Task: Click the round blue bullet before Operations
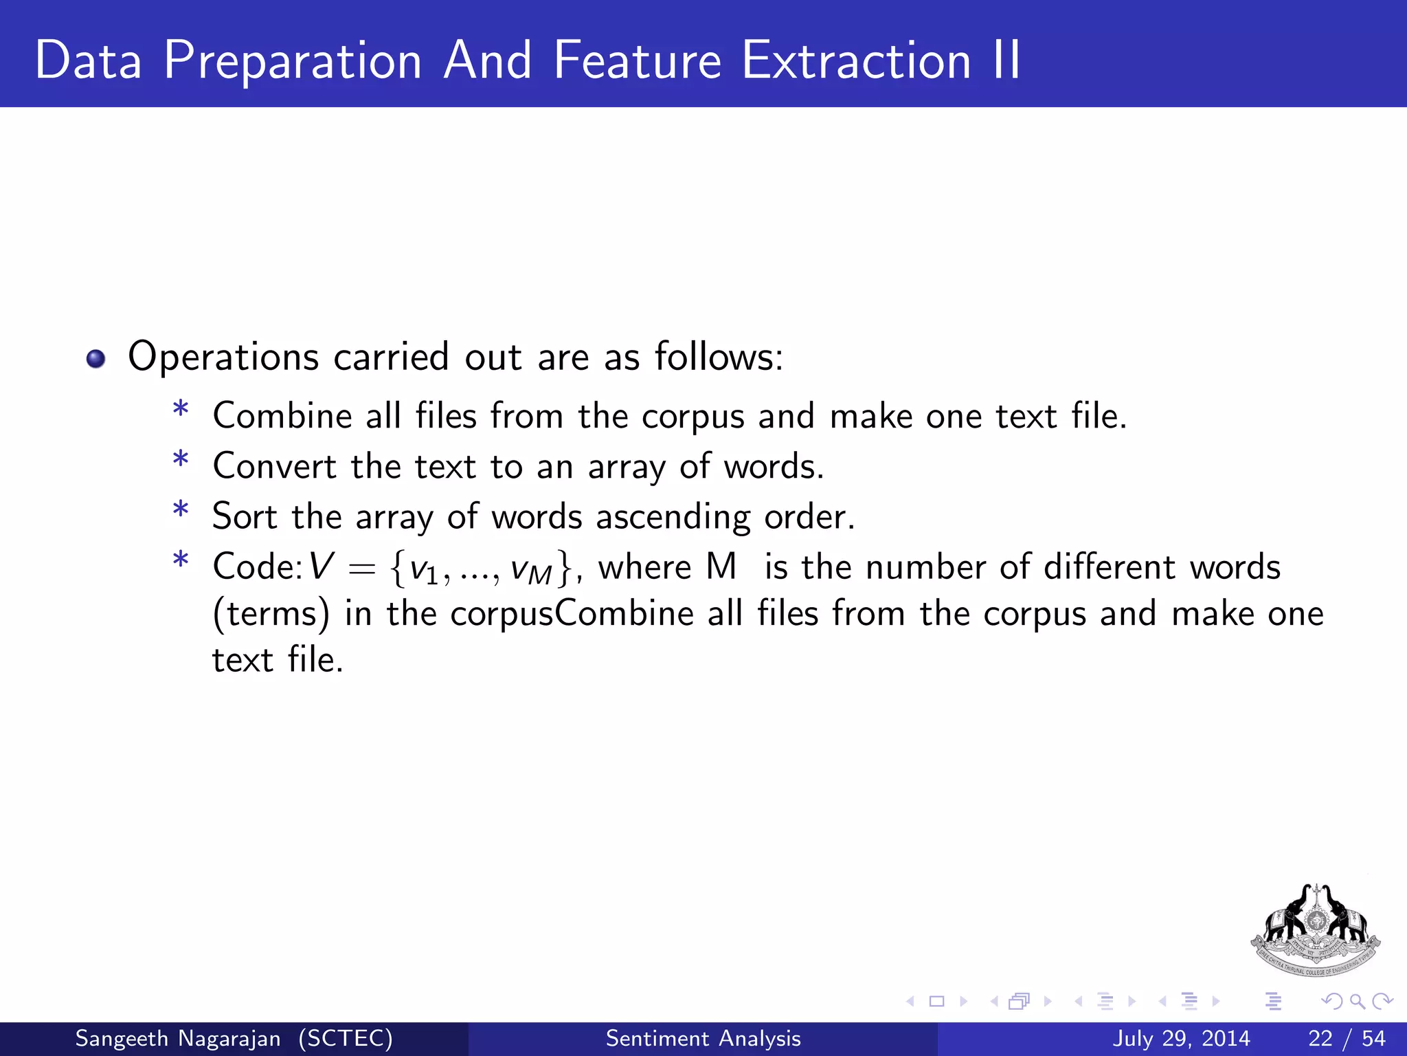click(x=96, y=359)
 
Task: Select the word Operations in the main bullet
click(x=223, y=357)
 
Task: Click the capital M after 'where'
click(x=721, y=567)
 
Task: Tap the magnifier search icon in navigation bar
click(x=1357, y=1001)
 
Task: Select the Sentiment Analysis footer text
click(x=703, y=1038)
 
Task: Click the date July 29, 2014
click(x=1181, y=1038)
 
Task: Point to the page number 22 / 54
click(x=1347, y=1038)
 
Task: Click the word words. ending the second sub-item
click(x=774, y=467)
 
